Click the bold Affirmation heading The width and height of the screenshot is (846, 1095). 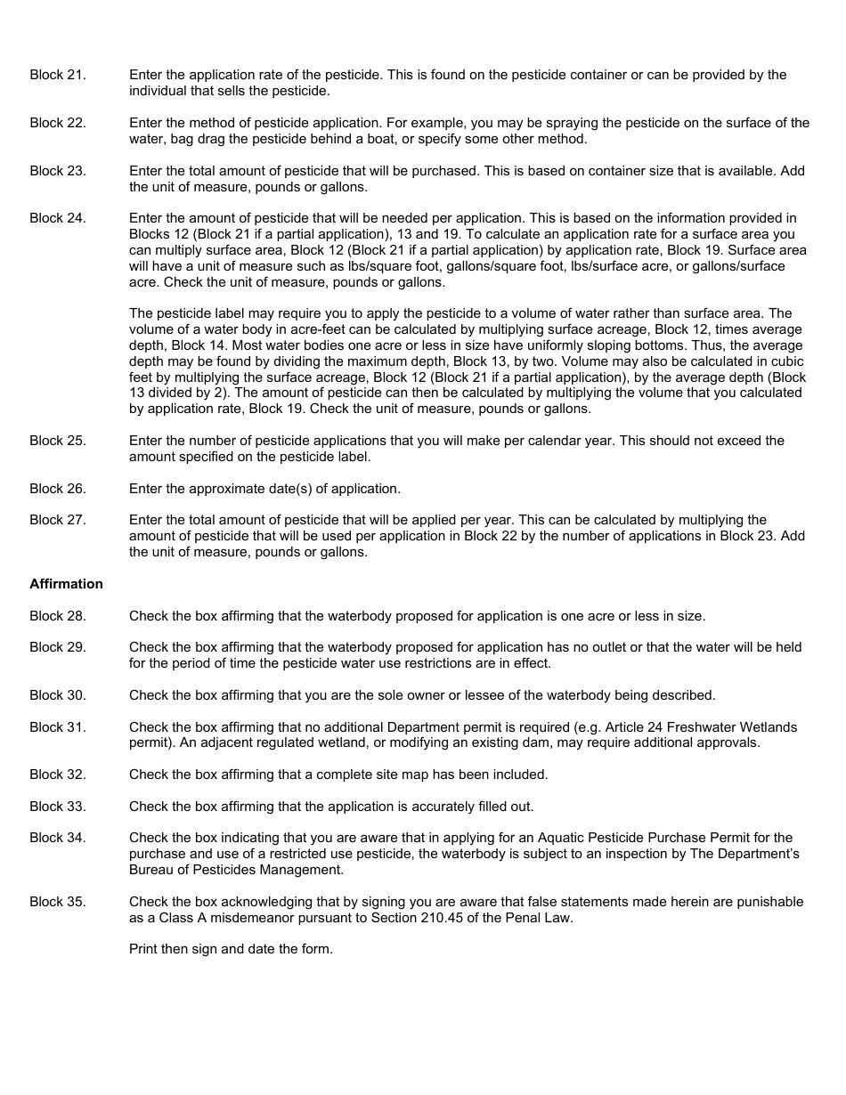[66, 584]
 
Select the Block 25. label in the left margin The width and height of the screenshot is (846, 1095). [58, 441]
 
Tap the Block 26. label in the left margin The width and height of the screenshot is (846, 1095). [58, 489]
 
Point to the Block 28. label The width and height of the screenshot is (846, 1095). [58, 616]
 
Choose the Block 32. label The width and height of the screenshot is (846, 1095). [58, 775]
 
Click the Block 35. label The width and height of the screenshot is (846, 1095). [58, 902]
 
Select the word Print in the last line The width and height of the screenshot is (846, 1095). [143, 949]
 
